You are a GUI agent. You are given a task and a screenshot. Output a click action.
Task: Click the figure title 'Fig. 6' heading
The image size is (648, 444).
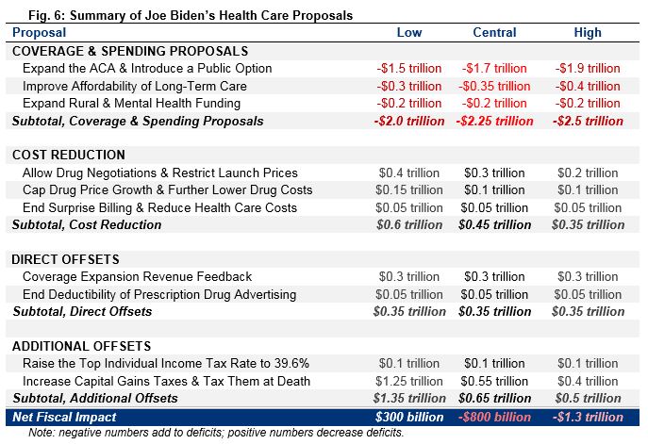(x=178, y=14)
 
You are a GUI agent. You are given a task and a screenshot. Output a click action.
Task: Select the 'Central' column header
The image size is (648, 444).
(x=494, y=32)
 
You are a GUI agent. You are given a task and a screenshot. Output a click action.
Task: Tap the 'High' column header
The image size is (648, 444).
(x=587, y=32)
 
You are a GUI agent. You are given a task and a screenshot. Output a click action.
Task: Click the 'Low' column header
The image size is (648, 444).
(x=408, y=32)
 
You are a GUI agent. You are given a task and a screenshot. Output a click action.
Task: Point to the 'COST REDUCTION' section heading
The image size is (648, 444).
(x=71, y=156)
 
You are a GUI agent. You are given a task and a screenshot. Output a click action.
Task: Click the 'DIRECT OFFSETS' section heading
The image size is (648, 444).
(x=69, y=259)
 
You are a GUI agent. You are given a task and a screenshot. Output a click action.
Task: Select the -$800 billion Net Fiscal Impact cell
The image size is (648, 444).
(x=494, y=417)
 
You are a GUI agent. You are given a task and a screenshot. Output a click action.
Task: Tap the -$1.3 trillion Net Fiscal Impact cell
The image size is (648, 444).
(x=586, y=417)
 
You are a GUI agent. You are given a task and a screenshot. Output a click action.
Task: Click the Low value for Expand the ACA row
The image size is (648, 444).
(x=408, y=68)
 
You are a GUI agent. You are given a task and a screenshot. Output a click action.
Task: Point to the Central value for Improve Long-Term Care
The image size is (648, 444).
(x=494, y=86)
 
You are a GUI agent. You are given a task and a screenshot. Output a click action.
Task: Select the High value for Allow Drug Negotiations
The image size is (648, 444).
(x=586, y=173)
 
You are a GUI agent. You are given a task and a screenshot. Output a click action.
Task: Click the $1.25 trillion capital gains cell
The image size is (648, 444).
(x=408, y=381)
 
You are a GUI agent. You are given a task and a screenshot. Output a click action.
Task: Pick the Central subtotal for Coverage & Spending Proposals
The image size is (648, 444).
(x=494, y=121)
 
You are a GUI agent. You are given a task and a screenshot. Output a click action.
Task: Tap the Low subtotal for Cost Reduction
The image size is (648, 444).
(x=408, y=224)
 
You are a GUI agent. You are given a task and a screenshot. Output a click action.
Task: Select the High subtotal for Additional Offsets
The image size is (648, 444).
(x=586, y=398)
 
